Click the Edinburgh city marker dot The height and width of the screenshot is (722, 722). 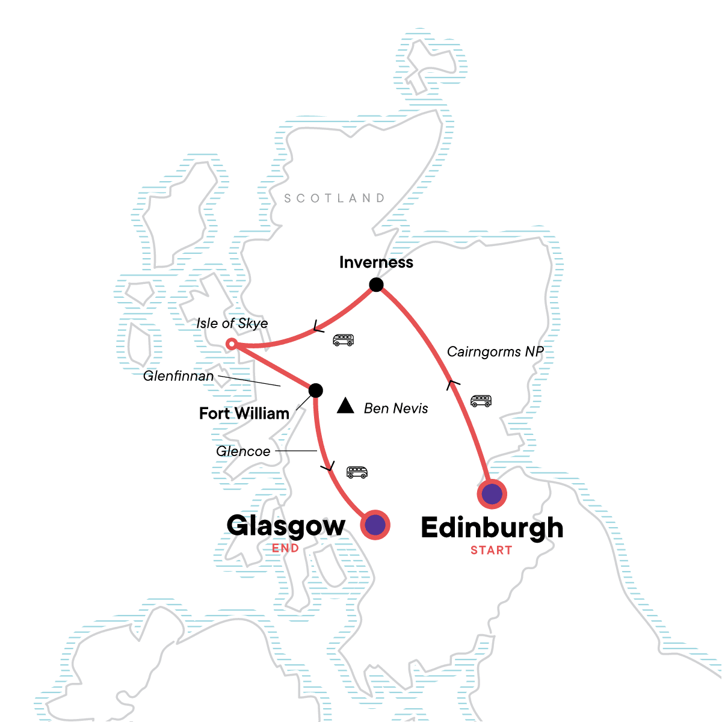pos(492,494)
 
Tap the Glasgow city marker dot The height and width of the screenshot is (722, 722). pos(375,525)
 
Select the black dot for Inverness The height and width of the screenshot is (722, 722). pos(376,285)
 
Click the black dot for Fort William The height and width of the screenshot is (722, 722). pos(315,390)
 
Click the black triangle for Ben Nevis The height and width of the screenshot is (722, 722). pos(345,406)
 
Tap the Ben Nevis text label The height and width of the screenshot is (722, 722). pos(396,409)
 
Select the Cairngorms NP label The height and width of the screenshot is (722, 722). pos(495,352)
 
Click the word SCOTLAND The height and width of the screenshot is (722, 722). pos(334,199)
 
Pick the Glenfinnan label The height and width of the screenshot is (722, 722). pos(179,377)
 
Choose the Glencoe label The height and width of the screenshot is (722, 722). pos(243,451)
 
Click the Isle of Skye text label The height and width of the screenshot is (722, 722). pos(232,324)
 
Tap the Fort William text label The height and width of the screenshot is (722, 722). pos(244,414)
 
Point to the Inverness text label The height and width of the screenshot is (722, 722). pos(376,262)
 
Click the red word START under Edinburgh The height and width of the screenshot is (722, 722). pos(491,550)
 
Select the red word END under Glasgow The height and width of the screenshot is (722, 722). pos(285,548)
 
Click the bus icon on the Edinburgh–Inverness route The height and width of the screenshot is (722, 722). pos(481,401)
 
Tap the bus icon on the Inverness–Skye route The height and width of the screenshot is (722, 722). pos(344,340)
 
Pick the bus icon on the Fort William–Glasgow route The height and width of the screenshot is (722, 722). pos(357,472)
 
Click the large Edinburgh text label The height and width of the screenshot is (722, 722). pos(492,528)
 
